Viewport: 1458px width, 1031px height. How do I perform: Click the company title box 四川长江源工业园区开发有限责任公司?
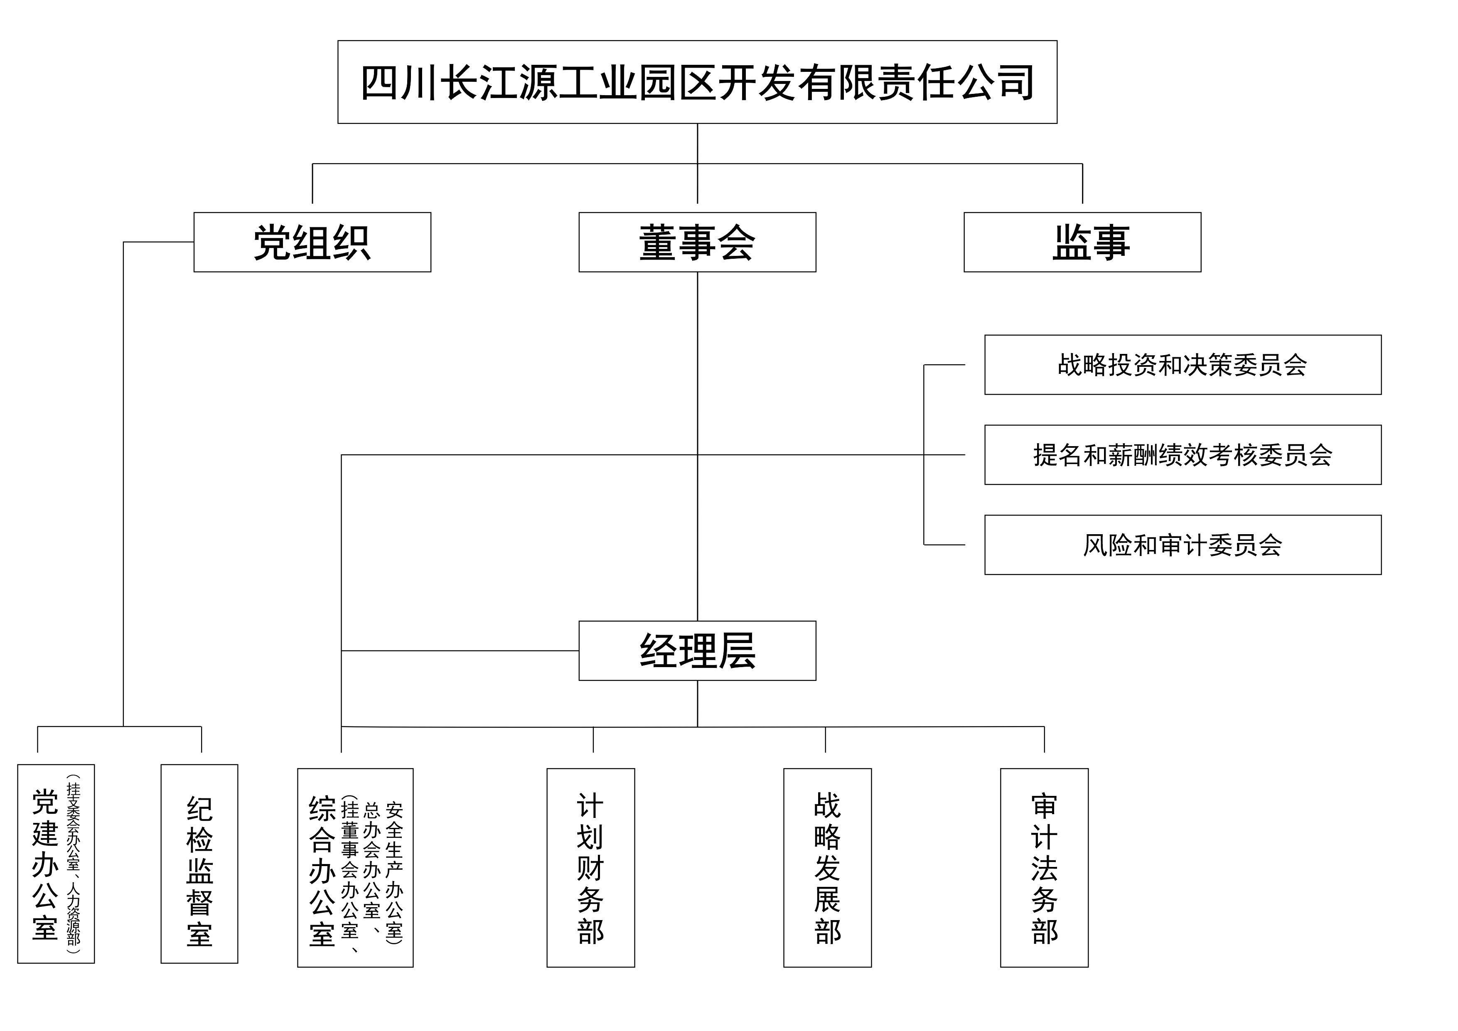click(x=697, y=82)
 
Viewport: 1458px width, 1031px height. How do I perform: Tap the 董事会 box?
click(x=697, y=242)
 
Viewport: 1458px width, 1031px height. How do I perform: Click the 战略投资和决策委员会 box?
click(x=1183, y=364)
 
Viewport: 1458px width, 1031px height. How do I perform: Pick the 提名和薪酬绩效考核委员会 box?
click(x=1183, y=454)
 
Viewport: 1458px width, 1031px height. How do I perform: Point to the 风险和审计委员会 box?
click(x=1183, y=545)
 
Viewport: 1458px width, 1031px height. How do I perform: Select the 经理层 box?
click(x=697, y=651)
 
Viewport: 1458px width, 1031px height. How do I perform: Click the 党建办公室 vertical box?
click(x=56, y=864)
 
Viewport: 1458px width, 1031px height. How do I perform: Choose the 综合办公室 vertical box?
click(x=355, y=868)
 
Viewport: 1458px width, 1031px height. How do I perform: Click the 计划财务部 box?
click(x=590, y=868)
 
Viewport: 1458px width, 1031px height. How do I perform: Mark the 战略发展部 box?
click(x=827, y=868)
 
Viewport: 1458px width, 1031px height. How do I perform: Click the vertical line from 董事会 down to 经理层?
click(x=697, y=540)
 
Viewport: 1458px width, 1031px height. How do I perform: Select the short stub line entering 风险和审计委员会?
click(x=944, y=545)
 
